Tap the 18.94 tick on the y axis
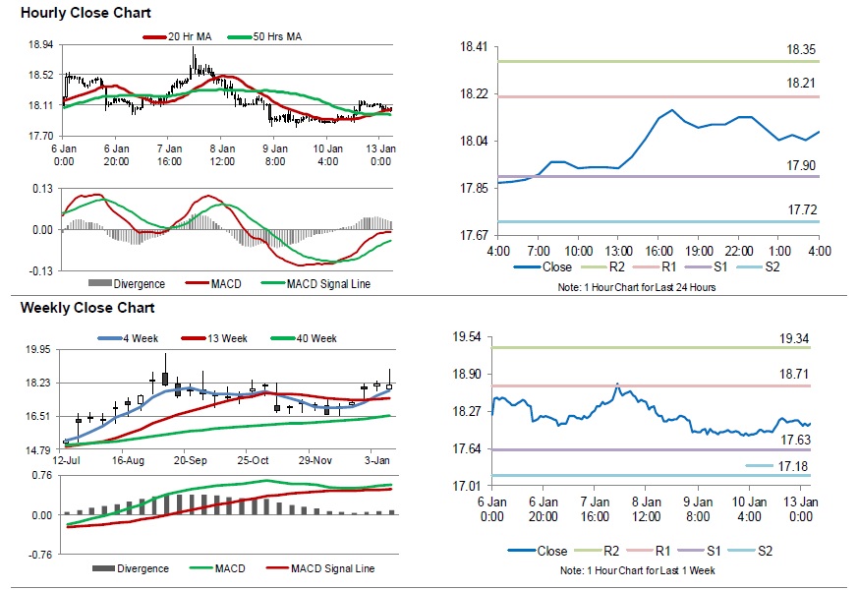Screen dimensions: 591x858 pos(41,45)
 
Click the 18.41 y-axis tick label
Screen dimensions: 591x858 pos(475,47)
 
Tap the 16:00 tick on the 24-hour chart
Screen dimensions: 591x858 pos(658,252)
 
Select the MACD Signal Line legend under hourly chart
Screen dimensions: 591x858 pos(328,284)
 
